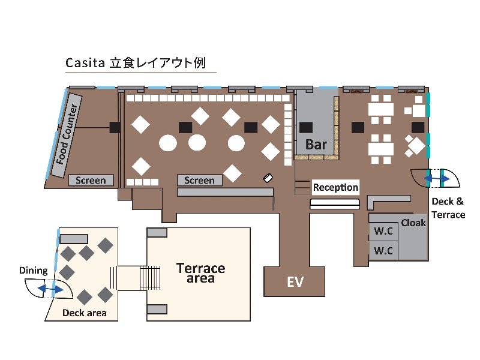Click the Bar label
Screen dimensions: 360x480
[316, 145]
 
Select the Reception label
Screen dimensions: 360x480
[335, 187]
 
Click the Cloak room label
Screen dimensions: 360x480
[413, 223]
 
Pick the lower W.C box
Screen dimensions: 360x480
[383, 251]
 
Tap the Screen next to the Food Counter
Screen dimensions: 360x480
[91, 180]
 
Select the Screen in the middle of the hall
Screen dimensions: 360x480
[199, 180]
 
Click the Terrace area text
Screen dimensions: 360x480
[200, 273]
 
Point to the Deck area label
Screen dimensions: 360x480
[85, 313]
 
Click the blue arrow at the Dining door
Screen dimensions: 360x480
[50, 290]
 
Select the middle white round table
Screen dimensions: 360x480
[197, 143]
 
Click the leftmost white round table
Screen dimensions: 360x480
[168, 143]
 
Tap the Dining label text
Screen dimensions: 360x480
[33, 271]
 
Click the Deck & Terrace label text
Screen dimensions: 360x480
[448, 208]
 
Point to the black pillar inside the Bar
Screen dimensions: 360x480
[307, 127]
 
